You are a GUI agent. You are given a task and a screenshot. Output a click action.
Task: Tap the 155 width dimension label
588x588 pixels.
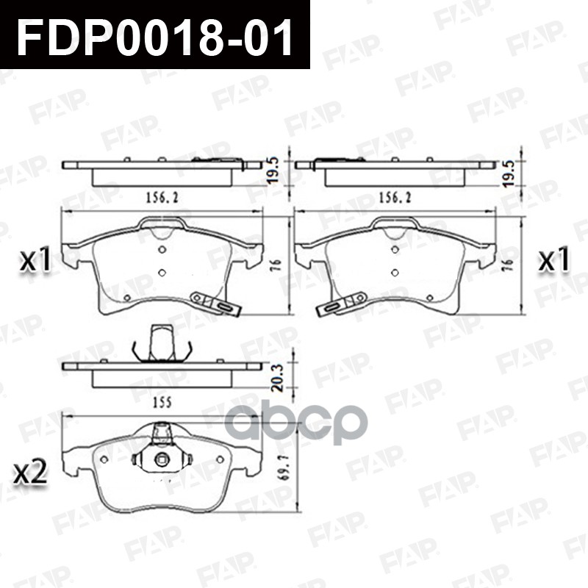click(162, 402)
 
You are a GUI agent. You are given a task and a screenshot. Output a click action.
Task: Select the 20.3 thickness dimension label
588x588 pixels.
click(278, 378)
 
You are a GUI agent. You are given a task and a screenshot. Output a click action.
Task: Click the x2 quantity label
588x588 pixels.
click(30, 472)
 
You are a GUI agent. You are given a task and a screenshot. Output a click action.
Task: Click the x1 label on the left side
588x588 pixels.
click(35, 259)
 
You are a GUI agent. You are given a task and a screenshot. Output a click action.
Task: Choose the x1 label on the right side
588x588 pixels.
click(554, 259)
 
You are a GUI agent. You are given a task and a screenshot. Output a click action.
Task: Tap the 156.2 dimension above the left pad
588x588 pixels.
click(162, 198)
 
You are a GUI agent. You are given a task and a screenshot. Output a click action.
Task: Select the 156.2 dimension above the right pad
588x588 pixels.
click(395, 198)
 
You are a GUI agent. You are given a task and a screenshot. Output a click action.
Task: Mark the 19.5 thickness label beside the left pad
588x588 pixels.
click(273, 170)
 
